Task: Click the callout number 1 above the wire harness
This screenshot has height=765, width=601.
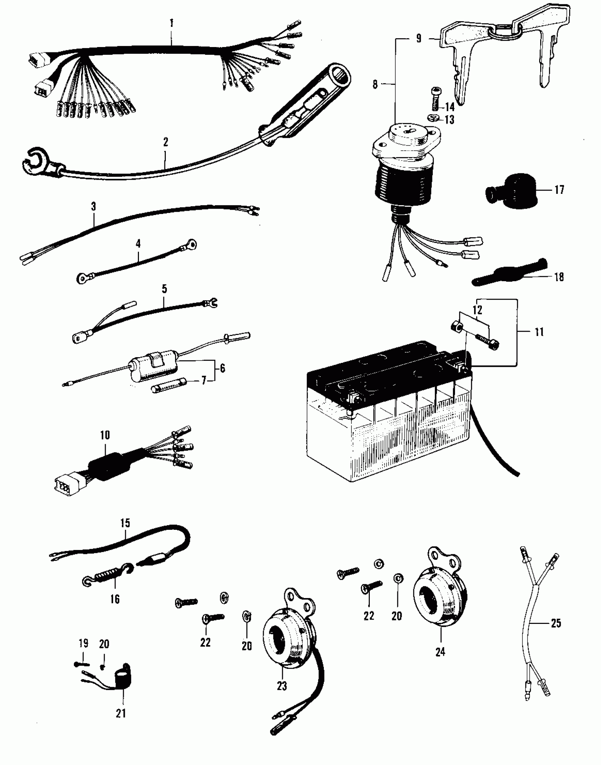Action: point(171,23)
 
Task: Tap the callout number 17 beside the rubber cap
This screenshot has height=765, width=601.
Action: point(559,190)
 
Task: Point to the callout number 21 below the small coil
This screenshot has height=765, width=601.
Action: point(121,713)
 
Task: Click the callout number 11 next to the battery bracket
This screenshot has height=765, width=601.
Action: point(539,332)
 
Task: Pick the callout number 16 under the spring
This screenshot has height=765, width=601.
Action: point(115,599)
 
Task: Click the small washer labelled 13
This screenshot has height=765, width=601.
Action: point(432,117)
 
